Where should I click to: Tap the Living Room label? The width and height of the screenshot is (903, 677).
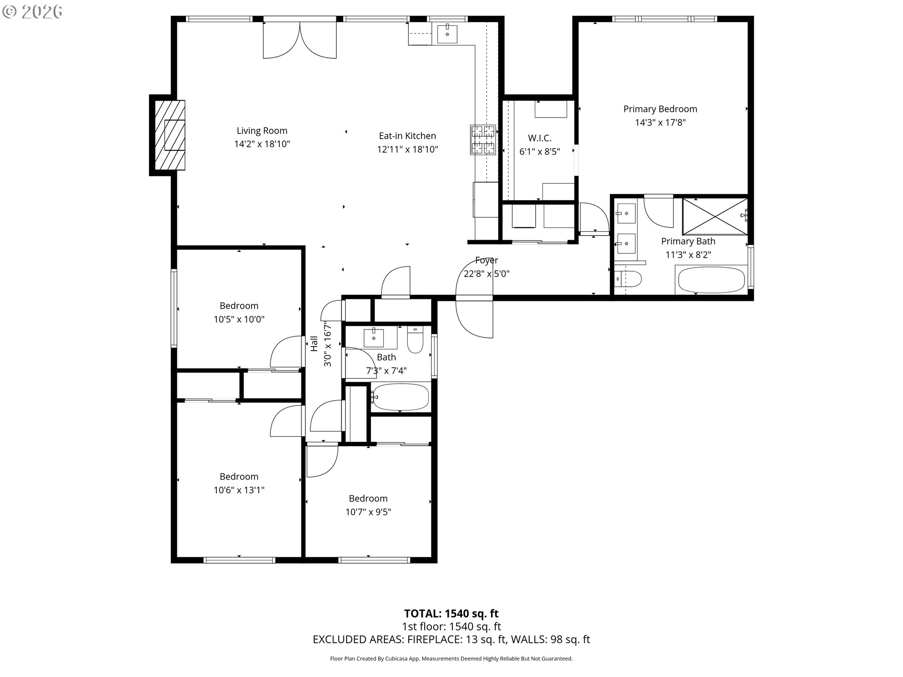pos(262,131)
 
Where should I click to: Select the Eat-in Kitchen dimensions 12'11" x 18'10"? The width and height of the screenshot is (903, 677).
pos(407,150)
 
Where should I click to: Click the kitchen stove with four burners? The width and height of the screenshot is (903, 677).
pos(483,140)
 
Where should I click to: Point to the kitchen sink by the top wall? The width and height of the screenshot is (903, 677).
pos(447,33)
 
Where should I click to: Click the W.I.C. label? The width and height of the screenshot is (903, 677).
pos(539,138)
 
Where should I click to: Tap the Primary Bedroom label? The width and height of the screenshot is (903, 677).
pos(660,109)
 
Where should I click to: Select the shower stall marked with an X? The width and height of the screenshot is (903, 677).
pos(714,216)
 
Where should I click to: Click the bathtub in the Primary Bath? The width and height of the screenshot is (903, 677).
pos(711,280)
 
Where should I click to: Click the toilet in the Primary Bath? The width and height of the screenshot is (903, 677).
pos(628,280)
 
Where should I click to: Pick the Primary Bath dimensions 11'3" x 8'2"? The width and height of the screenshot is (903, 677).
pos(688,255)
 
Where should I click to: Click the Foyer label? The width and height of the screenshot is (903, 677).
pos(486,260)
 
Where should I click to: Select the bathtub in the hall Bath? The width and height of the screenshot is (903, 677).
pos(401,397)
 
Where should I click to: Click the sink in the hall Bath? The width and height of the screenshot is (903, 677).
pos(374,338)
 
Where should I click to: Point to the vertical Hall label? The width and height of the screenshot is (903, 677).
pos(314,343)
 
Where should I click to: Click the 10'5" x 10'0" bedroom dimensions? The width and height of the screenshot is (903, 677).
pos(239,319)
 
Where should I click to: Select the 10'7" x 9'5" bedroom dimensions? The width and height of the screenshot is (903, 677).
pos(368,512)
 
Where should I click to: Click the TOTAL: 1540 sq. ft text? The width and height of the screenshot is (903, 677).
pos(451,613)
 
